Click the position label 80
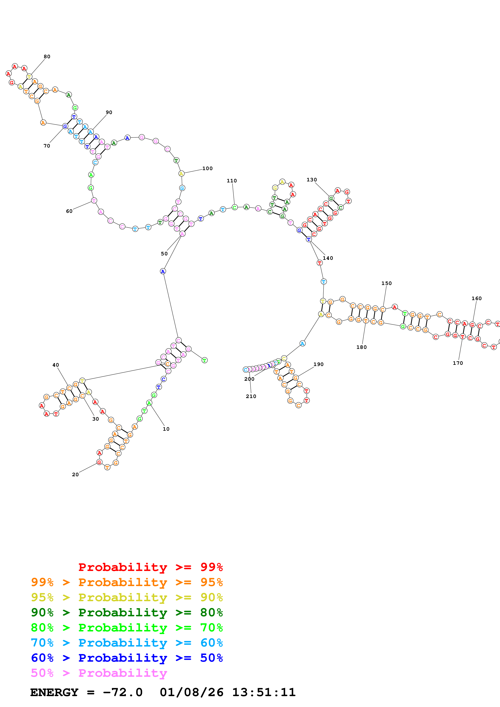pyautogui.click(x=47, y=57)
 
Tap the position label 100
pyautogui.click(x=207, y=168)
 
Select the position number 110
pyautogui.click(x=232, y=181)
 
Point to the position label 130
pyautogui.click(x=311, y=180)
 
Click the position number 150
pyautogui.click(x=386, y=283)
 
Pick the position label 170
pyautogui.click(x=457, y=363)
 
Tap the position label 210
pyautogui.click(x=251, y=396)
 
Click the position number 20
pyautogui.click(x=75, y=474)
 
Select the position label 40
pyautogui.click(x=55, y=365)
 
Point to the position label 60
pyautogui.click(x=69, y=211)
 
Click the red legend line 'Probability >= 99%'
pyautogui.click(x=150, y=567)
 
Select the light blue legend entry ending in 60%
pyautogui.click(x=127, y=643)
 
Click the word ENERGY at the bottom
pyautogui.click(x=54, y=692)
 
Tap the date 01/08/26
pyautogui.click(x=191, y=692)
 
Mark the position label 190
pyautogui.click(x=318, y=364)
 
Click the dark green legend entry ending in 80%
pyautogui.click(x=127, y=612)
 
